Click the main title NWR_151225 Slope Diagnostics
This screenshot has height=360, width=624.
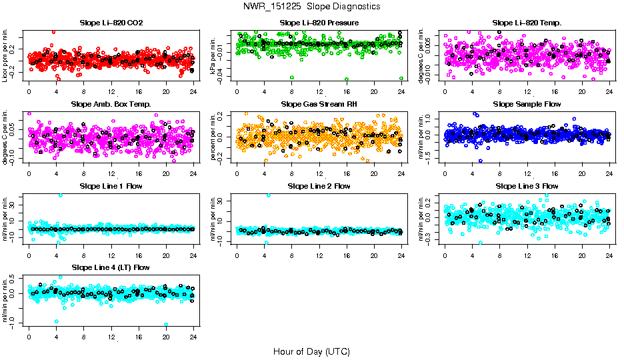click(312, 6)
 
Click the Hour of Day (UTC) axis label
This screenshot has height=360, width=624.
click(311, 351)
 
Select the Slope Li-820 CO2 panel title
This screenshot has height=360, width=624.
click(111, 23)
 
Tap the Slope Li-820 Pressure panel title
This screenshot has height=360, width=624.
click(319, 23)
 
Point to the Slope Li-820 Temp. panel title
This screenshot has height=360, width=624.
click(527, 23)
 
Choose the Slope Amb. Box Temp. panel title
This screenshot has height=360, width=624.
click(111, 104)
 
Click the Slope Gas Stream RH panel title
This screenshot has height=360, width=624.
click(319, 104)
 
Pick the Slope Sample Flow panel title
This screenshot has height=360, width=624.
click(527, 104)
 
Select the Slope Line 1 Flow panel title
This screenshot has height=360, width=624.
click(111, 185)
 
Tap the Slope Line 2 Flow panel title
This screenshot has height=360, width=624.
click(319, 185)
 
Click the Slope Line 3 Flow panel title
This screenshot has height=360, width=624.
click(527, 185)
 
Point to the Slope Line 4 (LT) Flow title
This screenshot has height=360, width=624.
click(111, 267)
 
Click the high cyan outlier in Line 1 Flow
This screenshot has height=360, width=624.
click(61, 195)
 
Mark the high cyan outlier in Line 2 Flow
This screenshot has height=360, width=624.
click(269, 195)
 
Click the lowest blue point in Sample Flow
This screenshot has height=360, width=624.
click(480, 161)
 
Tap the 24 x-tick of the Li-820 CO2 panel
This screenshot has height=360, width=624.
click(193, 92)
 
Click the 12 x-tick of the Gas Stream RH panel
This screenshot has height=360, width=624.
click(319, 173)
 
